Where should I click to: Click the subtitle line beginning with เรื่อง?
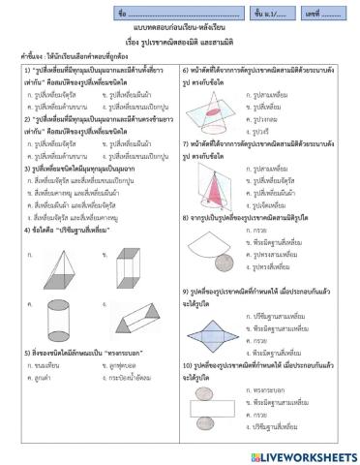point(179,44)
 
